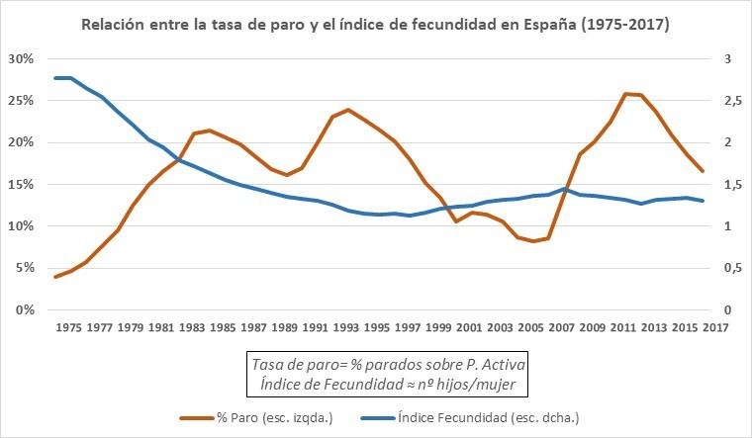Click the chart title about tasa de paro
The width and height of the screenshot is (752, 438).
click(375, 24)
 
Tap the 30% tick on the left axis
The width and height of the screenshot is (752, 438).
click(21, 59)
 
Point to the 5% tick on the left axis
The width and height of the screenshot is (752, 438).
click(24, 268)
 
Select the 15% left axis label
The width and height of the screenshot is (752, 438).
click(21, 185)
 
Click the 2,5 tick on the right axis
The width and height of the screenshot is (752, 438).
click(726, 101)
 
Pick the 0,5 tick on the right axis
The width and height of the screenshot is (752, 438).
click(726, 268)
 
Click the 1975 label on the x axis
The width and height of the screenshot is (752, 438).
click(69, 327)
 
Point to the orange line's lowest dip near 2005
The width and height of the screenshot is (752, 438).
click(533, 241)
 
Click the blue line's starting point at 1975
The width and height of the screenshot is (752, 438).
click(55, 78)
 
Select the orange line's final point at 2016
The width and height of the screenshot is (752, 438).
click(703, 171)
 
